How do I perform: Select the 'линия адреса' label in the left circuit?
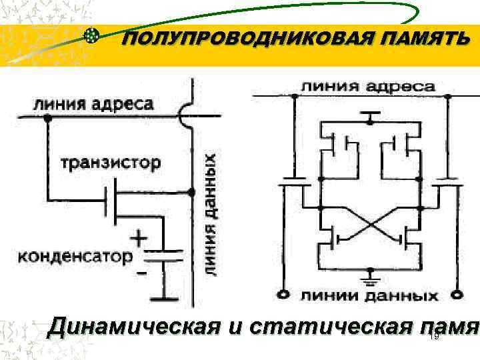(94, 105)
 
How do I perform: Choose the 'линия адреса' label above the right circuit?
(369, 87)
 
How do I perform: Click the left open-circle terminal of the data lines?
(285, 294)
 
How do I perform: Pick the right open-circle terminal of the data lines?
(457, 294)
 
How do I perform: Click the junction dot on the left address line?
(47, 118)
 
